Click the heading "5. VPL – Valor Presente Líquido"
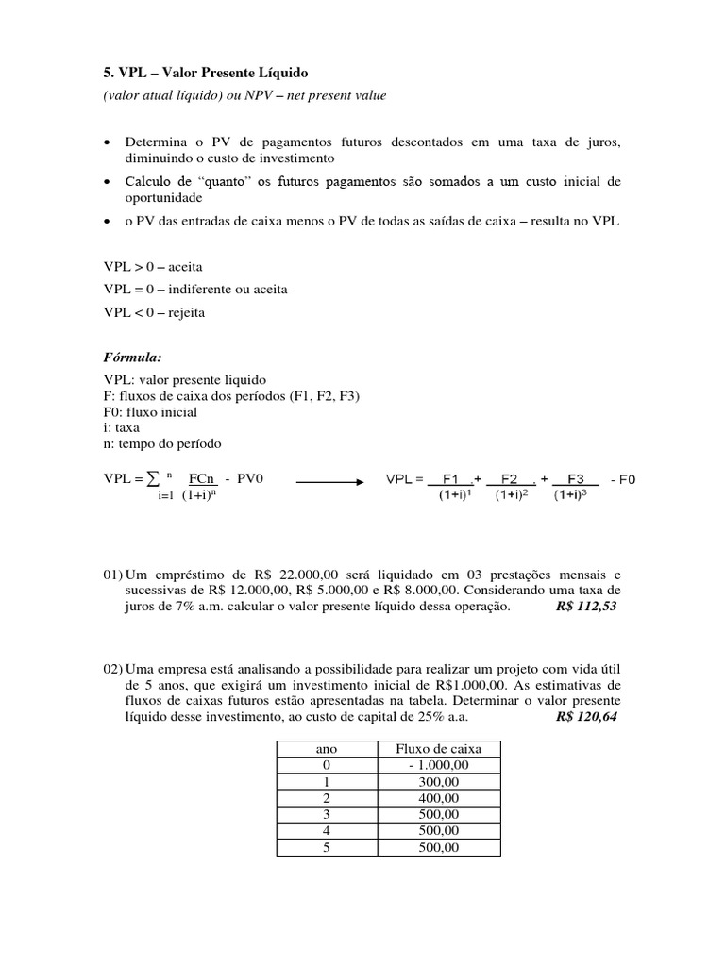click(205, 73)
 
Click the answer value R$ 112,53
click(586, 606)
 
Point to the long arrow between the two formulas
click(330, 480)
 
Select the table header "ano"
click(325, 748)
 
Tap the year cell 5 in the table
click(325, 847)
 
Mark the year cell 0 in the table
click(325, 765)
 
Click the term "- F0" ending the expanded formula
click(623, 480)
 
